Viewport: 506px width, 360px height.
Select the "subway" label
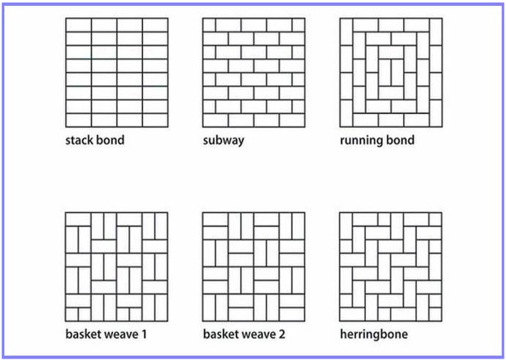[x=223, y=139]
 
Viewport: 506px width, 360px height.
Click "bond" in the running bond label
[x=400, y=139]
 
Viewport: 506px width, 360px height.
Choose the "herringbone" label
[x=373, y=334]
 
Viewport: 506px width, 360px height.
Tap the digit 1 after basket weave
[x=145, y=334]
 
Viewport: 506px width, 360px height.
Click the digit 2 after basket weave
[x=282, y=334]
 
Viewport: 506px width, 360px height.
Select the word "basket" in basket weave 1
[x=84, y=334]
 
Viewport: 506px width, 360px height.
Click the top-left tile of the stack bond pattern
[x=78, y=25]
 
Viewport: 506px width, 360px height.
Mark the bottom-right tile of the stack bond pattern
[x=155, y=120]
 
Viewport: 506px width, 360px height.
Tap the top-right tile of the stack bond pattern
[x=155, y=25]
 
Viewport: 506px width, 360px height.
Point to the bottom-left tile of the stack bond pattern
[x=78, y=120]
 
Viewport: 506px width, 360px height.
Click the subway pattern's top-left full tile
[x=215, y=25]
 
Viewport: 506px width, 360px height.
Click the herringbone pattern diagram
[x=391, y=267]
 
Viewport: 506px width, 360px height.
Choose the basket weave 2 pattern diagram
[x=254, y=267]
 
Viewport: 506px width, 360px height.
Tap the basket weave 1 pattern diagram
[x=117, y=267]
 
